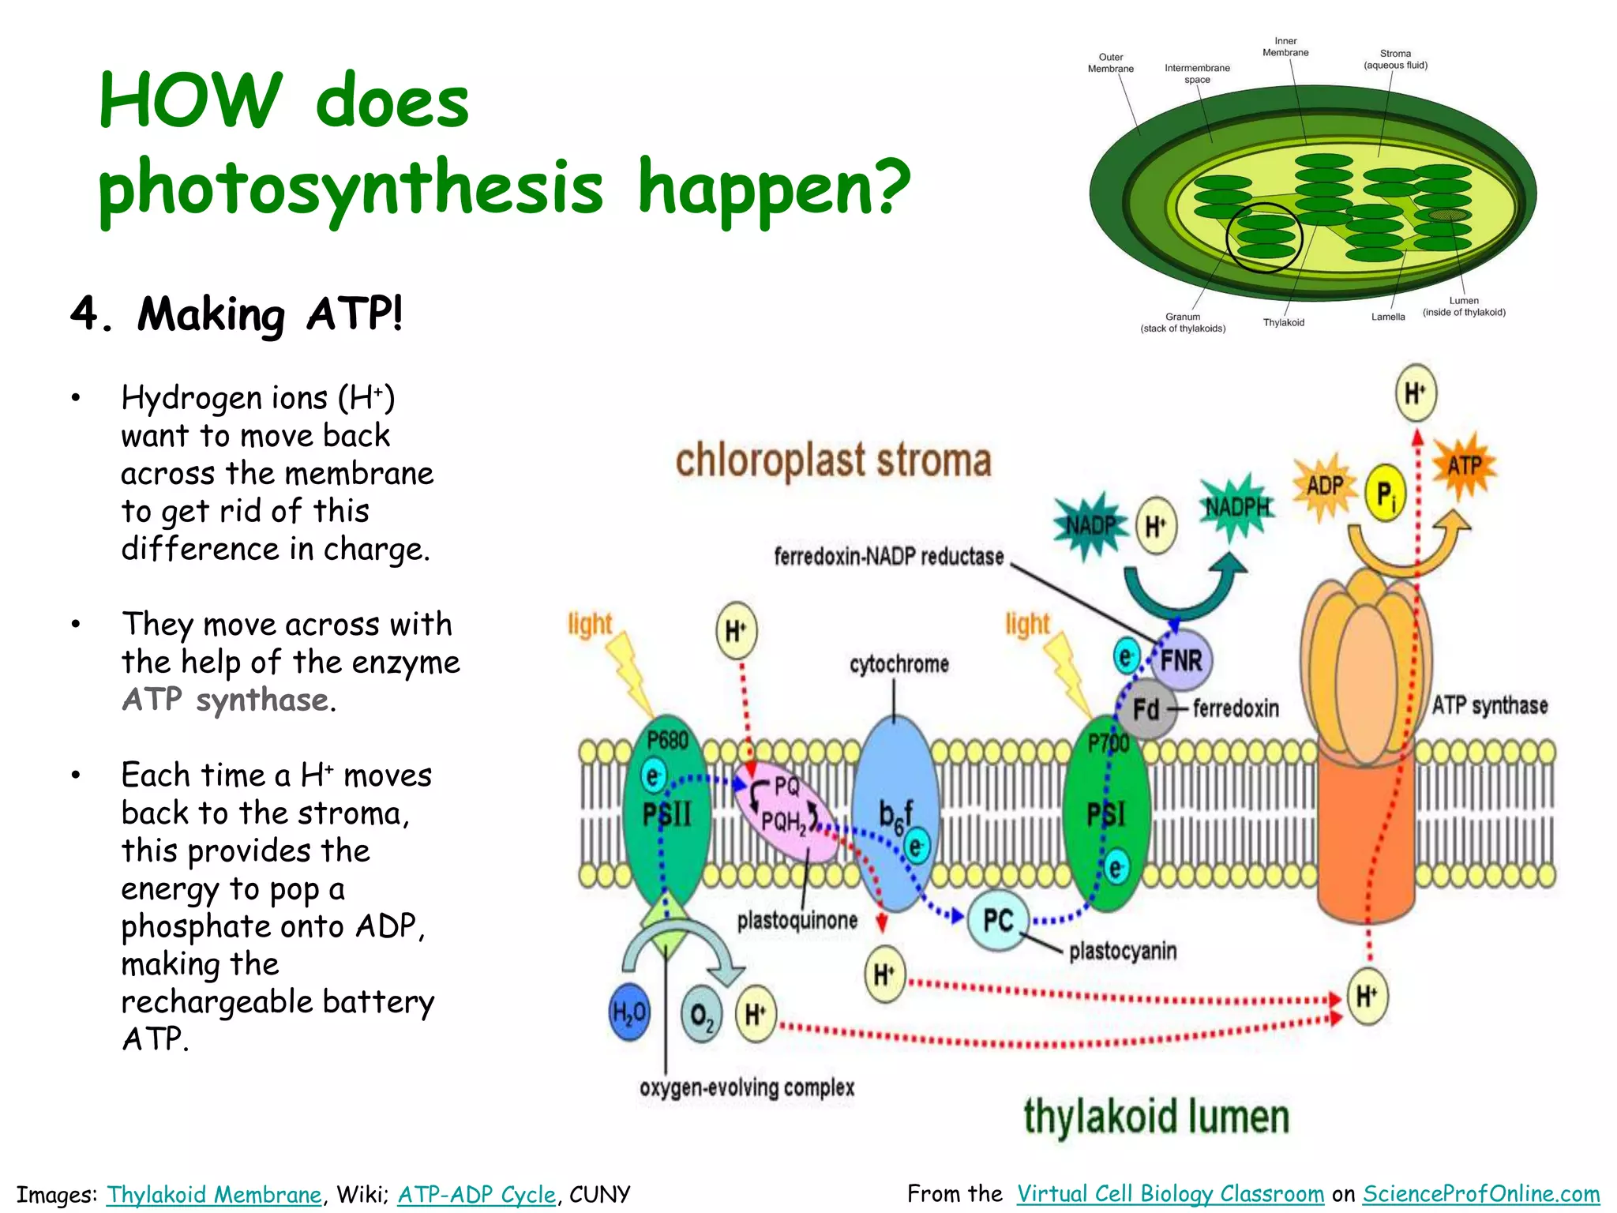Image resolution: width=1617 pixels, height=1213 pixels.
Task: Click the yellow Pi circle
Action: pos(1385,493)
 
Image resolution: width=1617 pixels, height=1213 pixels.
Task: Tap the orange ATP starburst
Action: pos(1464,467)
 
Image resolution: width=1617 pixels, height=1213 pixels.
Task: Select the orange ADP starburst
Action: pos(1325,486)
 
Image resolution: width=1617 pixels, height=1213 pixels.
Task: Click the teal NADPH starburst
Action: pos(1237,508)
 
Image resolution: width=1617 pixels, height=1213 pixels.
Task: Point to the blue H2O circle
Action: pos(629,1012)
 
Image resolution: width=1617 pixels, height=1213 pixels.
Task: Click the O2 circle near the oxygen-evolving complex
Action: pos(701,1014)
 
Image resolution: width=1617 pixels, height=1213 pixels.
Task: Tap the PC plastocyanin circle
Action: pos(997,919)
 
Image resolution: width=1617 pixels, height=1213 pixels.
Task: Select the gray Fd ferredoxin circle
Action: pos(1145,708)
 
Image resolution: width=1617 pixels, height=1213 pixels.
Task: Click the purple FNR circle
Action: pos(1180,659)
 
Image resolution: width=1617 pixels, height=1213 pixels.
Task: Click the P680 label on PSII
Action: pos(667,741)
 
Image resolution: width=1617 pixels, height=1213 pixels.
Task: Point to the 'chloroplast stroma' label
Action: pos(833,460)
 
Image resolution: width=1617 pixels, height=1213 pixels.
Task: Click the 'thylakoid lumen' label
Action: pos(1156,1117)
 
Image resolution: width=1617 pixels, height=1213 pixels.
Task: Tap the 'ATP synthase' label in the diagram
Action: pos(1489,705)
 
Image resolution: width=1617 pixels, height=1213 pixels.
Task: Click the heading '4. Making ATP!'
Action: pos(237,314)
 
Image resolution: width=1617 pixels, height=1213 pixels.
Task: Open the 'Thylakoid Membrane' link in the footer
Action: pos(214,1194)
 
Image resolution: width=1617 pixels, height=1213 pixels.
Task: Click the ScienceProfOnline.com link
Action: pos(1480,1193)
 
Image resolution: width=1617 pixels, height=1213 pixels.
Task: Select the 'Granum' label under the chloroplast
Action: pos(1182,317)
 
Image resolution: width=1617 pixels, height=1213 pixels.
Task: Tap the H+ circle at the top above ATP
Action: pos(1415,392)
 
